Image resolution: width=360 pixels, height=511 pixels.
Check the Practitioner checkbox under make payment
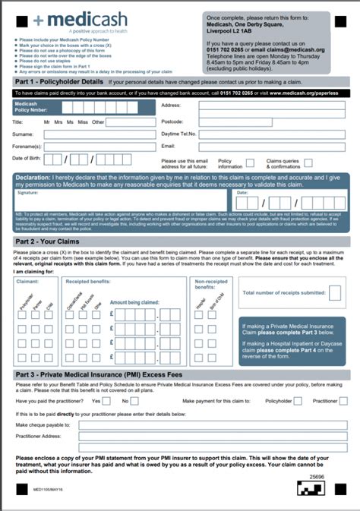(x=343, y=400)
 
